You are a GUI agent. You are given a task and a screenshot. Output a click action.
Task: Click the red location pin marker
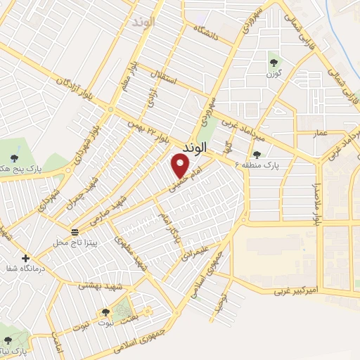(181, 166)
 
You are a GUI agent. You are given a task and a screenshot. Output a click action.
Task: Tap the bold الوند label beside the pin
(194, 148)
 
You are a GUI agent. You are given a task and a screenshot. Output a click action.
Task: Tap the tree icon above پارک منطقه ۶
(257, 155)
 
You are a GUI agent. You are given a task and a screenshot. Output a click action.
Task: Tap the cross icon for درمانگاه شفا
(27, 257)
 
